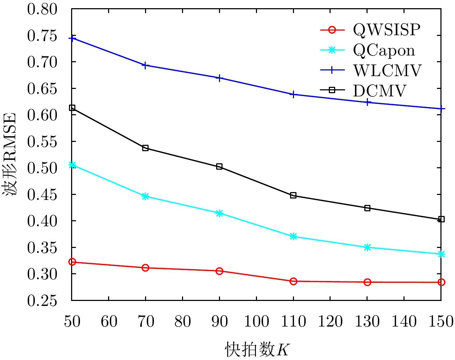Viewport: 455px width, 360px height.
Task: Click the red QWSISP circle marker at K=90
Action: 219,271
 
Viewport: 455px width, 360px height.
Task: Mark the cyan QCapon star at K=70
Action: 145,196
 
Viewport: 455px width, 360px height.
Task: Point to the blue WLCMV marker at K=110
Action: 293,95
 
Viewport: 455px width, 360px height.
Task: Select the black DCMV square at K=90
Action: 219,166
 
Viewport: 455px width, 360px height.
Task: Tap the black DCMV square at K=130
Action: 367,208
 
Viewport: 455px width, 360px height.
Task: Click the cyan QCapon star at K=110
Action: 293,237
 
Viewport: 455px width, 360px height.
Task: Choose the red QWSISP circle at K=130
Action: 367,282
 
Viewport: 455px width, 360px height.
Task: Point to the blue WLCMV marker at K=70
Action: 145,65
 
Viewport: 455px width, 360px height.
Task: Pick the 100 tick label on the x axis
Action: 256,322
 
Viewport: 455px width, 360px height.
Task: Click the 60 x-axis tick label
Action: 108,322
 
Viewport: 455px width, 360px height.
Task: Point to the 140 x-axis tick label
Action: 404,322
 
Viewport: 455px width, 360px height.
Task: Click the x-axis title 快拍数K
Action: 256,349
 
